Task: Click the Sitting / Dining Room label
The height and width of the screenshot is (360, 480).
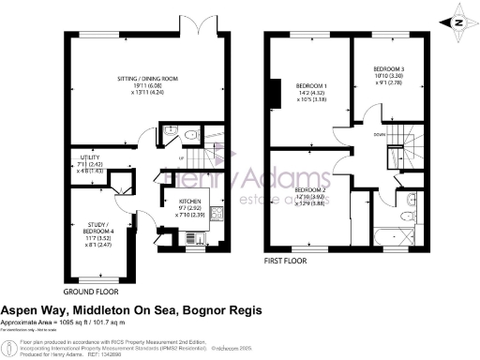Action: [x=135, y=87]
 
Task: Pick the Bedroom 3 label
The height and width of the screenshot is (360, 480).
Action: [x=387, y=76]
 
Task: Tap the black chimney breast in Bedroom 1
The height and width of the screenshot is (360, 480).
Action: [x=275, y=93]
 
